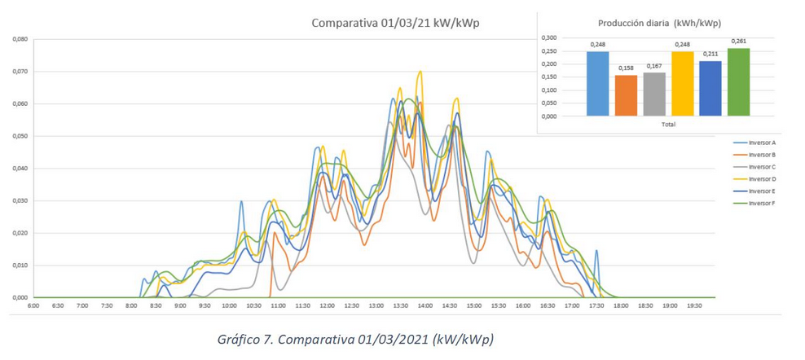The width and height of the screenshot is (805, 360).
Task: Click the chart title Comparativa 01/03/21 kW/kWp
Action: (x=395, y=23)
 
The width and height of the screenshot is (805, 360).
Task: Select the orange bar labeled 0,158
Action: (x=626, y=95)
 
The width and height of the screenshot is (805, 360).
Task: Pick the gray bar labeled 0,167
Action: (x=653, y=94)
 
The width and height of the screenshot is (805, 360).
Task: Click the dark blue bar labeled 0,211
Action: (x=710, y=88)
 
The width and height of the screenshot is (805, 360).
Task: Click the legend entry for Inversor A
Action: (x=762, y=143)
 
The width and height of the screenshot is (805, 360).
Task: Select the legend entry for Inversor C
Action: (x=762, y=166)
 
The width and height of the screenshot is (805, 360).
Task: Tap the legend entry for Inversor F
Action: (x=762, y=203)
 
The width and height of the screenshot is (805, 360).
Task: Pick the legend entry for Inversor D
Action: (x=762, y=178)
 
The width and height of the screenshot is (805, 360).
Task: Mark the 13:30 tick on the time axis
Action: (x=400, y=306)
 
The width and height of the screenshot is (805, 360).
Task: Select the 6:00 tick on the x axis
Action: (x=33, y=306)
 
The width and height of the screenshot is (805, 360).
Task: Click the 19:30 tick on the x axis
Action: (x=694, y=306)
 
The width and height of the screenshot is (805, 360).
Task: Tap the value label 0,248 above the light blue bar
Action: (x=597, y=45)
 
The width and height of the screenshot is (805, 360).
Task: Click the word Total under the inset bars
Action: (x=667, y=125)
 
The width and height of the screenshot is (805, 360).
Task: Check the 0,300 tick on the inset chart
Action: (x=548, y=37)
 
